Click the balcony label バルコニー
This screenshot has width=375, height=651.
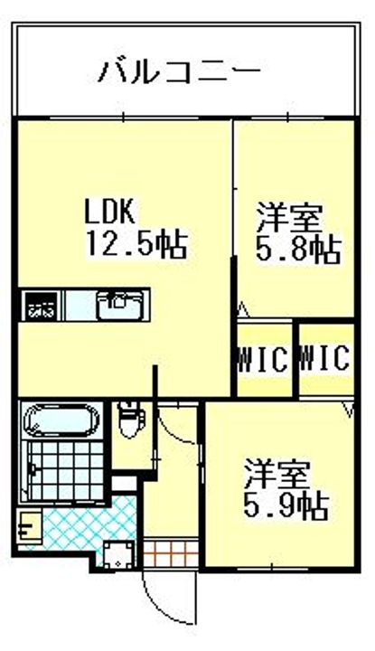pos(181,69)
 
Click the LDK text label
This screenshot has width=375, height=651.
pos(110,212)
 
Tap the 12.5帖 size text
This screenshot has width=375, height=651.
pos(136,243)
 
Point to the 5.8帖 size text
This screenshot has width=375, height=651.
pos(297,250)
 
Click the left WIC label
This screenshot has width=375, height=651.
pos(263,359)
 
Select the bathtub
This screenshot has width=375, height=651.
pos(61,421)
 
